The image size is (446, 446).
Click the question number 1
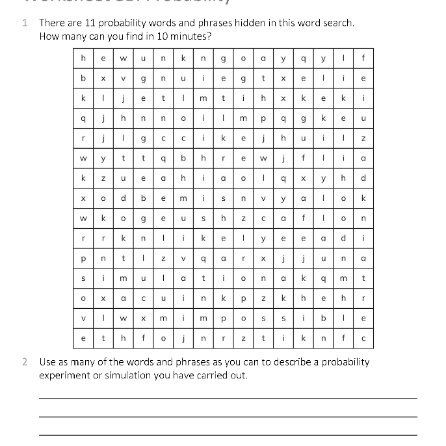25,23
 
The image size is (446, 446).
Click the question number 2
25,361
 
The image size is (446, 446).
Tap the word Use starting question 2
48,361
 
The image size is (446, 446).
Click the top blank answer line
228,398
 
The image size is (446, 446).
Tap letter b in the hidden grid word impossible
323,319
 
